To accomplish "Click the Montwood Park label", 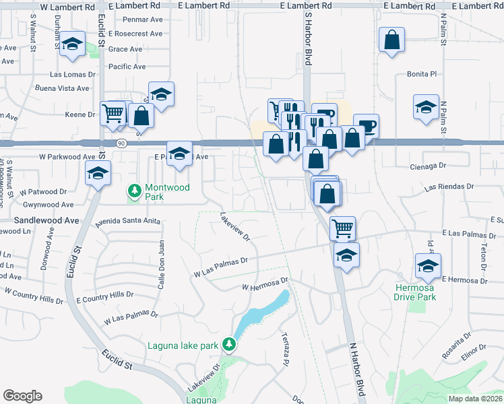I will click(x=168, y=192).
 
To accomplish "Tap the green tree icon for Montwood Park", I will click(x=135, y=192).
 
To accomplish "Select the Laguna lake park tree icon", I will click(x=229, y=345).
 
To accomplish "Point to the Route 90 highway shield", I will click(x=121, y=143).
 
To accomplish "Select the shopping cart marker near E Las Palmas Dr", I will click(x=342, y=228).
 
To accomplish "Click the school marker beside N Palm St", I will click(x=426, y=106).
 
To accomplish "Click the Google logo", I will click(x=22, y=396).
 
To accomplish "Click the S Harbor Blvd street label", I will click(x=308, y=45).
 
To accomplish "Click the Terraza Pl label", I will click(x=285, y=351).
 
